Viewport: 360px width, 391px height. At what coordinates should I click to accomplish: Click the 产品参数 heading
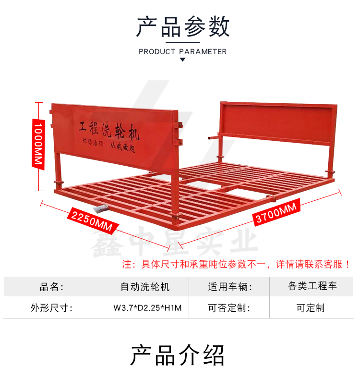[x=182, y=26]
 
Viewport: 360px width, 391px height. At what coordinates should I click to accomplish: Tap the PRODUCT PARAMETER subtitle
[x=182, y=51]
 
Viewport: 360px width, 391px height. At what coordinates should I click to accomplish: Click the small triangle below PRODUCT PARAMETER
[x=182, y=60]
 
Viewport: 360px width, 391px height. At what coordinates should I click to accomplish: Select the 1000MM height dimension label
[x=38, y=144]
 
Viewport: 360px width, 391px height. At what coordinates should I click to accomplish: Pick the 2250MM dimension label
[x=93, y=220]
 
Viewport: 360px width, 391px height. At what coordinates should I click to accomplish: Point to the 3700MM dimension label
[x=276, y=212]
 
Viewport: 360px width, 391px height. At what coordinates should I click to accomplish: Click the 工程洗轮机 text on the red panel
[x=109, y=130]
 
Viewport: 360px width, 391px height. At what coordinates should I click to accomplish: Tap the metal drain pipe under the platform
[x=100, y=208]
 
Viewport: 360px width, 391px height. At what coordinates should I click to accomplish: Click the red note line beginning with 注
[x=236, y=264]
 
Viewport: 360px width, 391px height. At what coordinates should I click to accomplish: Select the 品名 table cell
[x=52, y=286]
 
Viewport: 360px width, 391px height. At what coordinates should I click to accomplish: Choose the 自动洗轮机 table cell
[x=145, y=286]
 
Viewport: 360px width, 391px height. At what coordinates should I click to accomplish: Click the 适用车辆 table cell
[x=229, y=286]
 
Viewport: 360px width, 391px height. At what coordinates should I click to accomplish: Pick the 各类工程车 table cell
[x=312, y=286]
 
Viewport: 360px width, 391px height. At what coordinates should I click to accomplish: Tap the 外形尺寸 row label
[x=51, y=308]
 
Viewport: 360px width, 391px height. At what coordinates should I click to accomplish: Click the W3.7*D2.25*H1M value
[x=147, y=308]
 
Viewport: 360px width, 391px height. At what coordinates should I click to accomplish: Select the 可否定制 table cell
[x=229, y=308]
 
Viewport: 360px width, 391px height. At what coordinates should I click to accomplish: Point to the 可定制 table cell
[x=311, y=308]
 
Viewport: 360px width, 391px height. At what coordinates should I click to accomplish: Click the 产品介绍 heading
[x=178, y=355]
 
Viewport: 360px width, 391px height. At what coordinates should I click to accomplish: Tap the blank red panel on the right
[x=278, y=122]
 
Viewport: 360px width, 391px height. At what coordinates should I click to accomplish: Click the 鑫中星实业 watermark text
[x=174, y=242]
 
